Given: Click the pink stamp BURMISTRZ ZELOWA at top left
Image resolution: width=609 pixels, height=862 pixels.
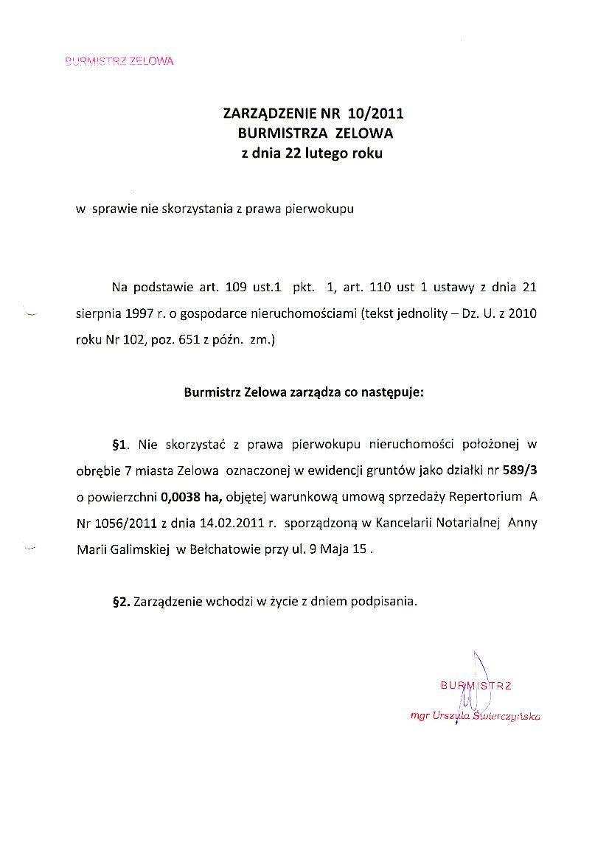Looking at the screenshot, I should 119,61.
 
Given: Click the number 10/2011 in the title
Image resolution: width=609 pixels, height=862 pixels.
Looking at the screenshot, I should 372,114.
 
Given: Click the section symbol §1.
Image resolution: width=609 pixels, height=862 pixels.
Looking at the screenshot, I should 120,445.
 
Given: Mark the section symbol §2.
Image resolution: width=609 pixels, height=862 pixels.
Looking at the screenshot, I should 120,601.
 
